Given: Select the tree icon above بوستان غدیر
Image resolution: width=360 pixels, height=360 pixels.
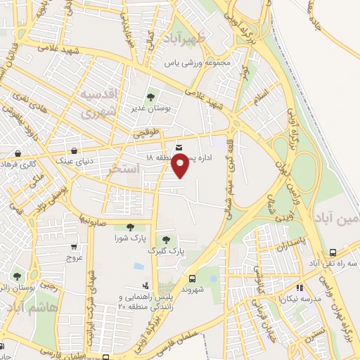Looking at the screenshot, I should click(x=150, y=98).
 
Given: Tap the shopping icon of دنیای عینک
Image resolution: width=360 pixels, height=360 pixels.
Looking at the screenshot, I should click(x=74, y=150).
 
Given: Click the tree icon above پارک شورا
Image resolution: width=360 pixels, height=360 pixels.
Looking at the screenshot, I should click(x=129, y=227).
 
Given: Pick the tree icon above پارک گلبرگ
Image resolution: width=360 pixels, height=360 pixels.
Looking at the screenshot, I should click(x=166, y=240).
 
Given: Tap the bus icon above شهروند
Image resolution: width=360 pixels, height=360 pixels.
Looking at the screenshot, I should click(x=192, y=279).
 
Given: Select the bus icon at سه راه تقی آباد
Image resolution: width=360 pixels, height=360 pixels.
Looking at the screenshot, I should click(x=332, y=253).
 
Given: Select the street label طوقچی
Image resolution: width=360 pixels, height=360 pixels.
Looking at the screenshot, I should click(x=152, y=131).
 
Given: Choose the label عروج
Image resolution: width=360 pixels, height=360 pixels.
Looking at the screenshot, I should click(x=75, y=257).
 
